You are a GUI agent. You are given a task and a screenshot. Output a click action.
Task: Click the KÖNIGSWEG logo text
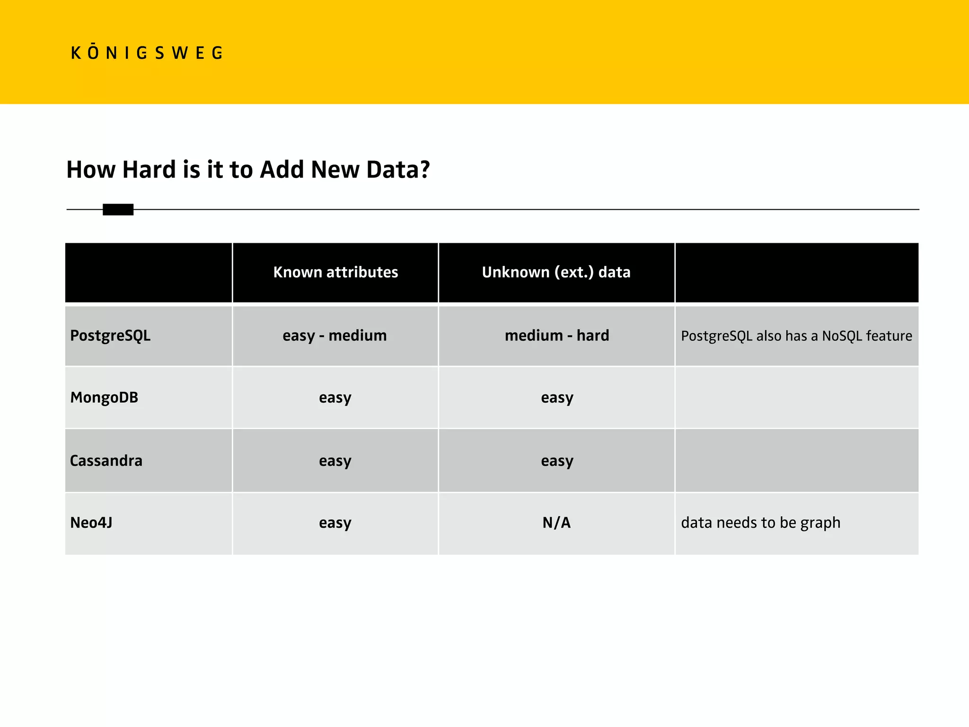147,53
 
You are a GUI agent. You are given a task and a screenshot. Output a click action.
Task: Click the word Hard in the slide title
149,169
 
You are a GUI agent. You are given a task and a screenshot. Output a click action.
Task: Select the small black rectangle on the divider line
118,209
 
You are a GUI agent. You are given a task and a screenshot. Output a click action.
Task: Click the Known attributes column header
335,272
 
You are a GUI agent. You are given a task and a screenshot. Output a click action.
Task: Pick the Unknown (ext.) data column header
556,272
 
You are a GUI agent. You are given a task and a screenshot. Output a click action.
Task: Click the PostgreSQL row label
110,336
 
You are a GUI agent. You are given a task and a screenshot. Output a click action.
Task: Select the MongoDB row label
104,397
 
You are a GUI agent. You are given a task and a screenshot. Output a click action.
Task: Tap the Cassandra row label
106,461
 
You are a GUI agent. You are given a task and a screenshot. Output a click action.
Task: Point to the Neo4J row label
91,523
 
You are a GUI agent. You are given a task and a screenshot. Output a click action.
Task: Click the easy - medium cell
335,336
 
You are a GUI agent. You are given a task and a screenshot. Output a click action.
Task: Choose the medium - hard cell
557,336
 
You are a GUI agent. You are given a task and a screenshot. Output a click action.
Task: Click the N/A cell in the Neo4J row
556,523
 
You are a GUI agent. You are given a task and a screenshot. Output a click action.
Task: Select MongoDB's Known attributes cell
335,398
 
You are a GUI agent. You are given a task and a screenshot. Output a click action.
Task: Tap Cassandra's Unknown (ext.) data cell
557,461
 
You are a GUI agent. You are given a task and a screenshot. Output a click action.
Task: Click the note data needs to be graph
760,523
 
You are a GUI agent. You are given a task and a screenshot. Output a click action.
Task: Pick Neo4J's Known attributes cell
335,523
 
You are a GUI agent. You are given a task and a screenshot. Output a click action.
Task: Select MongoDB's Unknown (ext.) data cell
557,398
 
